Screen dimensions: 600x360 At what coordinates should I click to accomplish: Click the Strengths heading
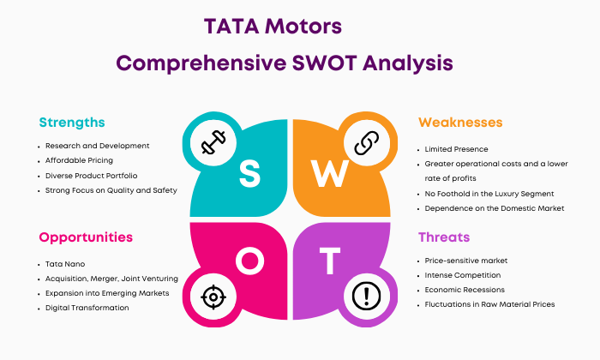click(x=72, y=123)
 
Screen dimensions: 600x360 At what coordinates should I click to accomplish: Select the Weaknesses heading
click(x=460, y=123)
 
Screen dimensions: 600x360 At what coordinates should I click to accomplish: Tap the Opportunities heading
click(x=86, y=237)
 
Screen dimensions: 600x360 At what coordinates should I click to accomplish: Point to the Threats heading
click(x=444, y=237)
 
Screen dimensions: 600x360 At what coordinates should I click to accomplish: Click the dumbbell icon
click(x=213, y=142)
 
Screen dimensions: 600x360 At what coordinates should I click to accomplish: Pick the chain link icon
click(x=367, y=142)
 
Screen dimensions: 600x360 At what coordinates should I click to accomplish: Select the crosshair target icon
click(x=213, y=297)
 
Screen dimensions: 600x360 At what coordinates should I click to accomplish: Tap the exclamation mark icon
click(x=367, y=296)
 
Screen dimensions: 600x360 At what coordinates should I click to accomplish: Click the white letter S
click(x=250, y=174)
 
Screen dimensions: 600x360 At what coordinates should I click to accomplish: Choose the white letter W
click(x=329, y=173)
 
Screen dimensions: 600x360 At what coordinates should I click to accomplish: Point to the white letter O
click(x=250, y=261)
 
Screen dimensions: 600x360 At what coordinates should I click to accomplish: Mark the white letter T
click(x=330, y=261)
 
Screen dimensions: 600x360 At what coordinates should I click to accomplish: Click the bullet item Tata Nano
click(x=65, y=264)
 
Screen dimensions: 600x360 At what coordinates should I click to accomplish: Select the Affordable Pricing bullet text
click(x=79, y=160)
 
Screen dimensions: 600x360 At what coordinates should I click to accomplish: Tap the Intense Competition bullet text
click(x=463, y=275)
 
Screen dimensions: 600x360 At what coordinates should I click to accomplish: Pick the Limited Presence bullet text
click(x=457, y=149)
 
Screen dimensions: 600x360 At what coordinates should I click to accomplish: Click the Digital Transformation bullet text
click(x=87, y=308)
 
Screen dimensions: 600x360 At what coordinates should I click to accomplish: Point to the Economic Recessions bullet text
click(x=465, y=290)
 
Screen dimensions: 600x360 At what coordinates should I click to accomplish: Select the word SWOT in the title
click(x=325, y=63)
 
